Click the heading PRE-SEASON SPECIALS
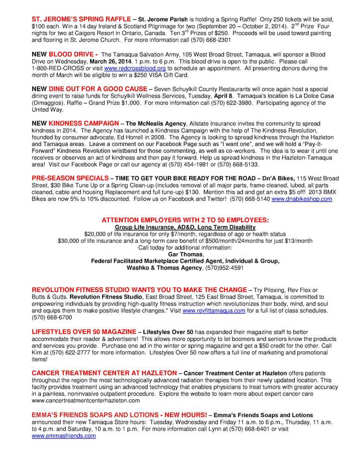pos(70,178)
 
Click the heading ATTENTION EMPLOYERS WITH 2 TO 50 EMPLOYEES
pos(185,220)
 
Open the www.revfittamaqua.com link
pos(214,311)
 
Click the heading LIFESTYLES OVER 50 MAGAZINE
pos(84,331)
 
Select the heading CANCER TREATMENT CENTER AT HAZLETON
pos(104,373)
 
